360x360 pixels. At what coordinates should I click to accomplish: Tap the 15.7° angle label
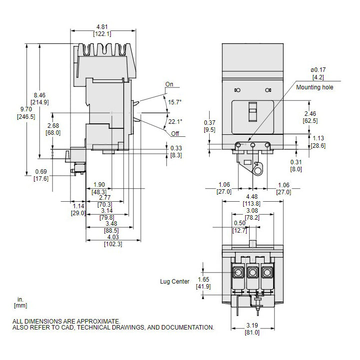pos(175,102)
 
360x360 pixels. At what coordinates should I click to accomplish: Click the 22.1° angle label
pos(175,121)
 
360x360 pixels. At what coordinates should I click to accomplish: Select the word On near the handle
pos(170,84)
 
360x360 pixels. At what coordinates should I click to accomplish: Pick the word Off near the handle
pos(175,134)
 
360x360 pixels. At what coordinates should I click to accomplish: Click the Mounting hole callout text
pos(329,87)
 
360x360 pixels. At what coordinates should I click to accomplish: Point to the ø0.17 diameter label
pos(319,69)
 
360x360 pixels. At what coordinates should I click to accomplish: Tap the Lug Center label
pos(175,282)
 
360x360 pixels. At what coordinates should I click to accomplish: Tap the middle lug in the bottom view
pos(253,273)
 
